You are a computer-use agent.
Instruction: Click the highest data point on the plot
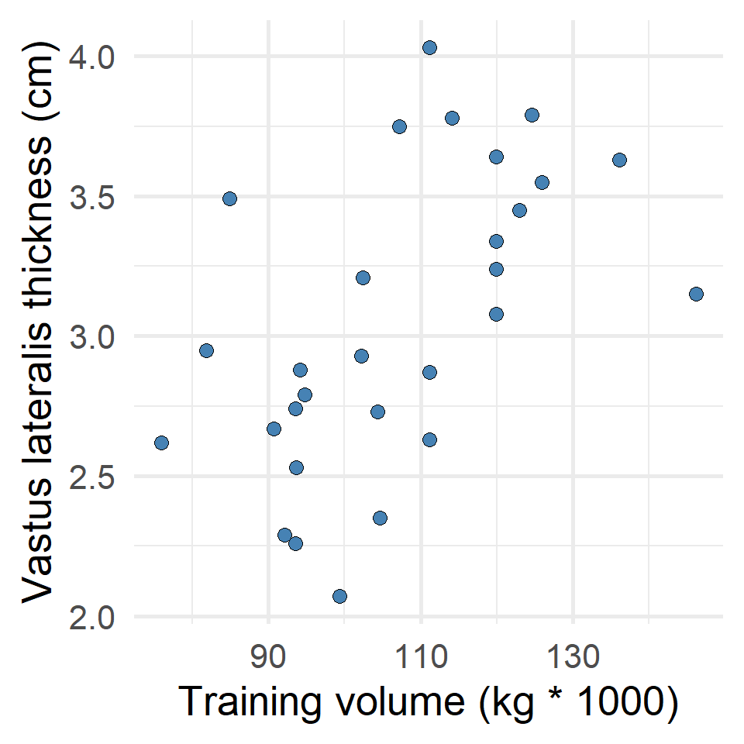click(429, 47)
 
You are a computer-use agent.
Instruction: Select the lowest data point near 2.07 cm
click(339, 596)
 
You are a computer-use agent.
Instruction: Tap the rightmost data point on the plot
click(696, 294)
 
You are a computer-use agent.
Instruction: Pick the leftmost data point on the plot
click(161, 443)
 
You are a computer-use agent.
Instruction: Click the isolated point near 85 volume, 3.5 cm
click(229, 198)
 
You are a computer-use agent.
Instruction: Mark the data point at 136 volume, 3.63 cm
click(619, 160)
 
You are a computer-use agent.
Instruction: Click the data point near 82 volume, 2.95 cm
click(206, 350)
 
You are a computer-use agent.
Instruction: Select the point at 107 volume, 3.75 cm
click(399, 126)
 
